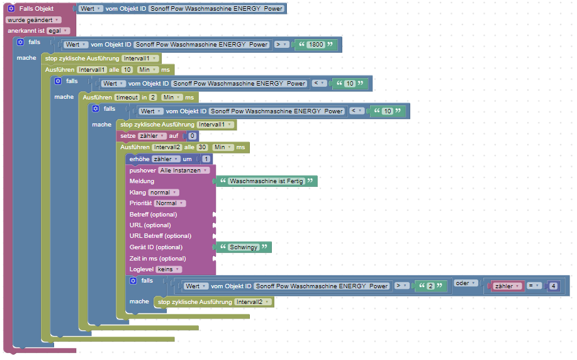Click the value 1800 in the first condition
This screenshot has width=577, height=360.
point(316,45)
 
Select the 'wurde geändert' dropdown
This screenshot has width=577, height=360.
point(33,20)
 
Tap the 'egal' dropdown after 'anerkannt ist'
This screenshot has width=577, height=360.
point(58,31)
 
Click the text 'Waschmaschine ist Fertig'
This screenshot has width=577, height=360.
point(266,181)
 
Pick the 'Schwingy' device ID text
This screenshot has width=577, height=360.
point(244,247)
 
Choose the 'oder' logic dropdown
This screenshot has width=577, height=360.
point(466,283)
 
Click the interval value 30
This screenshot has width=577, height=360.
point(202,147)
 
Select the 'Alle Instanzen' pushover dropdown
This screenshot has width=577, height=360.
point(184,171)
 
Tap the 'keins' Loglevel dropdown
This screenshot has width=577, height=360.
point(169,269)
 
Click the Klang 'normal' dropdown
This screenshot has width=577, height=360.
point(164,193)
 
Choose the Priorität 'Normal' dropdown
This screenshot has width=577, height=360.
point(170,203)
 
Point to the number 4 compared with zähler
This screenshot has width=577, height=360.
point(554,286)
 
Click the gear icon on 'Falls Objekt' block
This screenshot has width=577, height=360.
point(11,8)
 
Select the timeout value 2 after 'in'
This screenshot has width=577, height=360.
point(153,98)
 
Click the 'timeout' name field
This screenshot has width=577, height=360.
point(127,98)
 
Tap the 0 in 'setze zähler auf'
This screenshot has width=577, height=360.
point(192,136)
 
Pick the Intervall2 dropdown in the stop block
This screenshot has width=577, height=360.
point(253,302)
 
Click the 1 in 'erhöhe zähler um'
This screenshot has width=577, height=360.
point(206,159)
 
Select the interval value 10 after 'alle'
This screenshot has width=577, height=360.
point(127,70)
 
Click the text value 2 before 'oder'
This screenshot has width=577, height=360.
point(430,286)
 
